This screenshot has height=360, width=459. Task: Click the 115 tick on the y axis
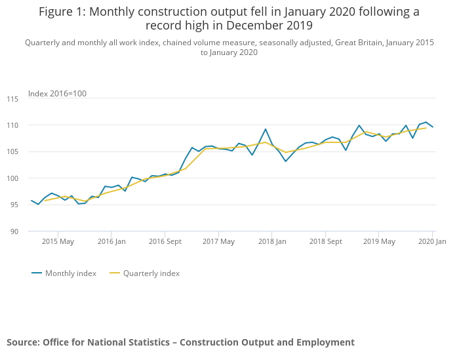pyautogui.click(x=13, y=99)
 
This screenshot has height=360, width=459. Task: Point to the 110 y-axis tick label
pyautogui.click(x=13, y=125)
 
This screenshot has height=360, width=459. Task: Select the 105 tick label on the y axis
pyautogui.click(x=13, y=152)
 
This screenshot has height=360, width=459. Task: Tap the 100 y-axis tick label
pyautogui.click(x=13, y=178)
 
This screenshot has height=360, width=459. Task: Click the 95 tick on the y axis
pyautogui.click(x=14, y=205)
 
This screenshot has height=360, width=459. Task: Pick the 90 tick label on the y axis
pyautogui.click(x=14, y=231)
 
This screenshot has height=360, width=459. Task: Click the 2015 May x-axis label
pyautogui.click(x=58, y=242)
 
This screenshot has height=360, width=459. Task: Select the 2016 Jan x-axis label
pyautogui.click(x=111, y=242)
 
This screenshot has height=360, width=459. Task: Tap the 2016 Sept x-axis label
pyautogui.click(x=165, y=242)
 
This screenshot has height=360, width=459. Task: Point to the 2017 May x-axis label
pyautogui.click(x=218, y=242)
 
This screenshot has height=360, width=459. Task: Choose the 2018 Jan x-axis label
pyautogui.click(x=272, y=242)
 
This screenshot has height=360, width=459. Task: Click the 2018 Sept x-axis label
pyautogui.click(x=326, y=242)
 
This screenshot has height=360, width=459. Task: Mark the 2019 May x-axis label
pyautogui.click(x=379, y=242)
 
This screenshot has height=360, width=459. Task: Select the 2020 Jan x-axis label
pyautogui.click(x=431, y=242)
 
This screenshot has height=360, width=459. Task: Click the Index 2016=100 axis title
pyautogui.click(x=57, y=94)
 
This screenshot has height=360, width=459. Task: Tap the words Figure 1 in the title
pyautogui.click(x=64, y=12)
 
